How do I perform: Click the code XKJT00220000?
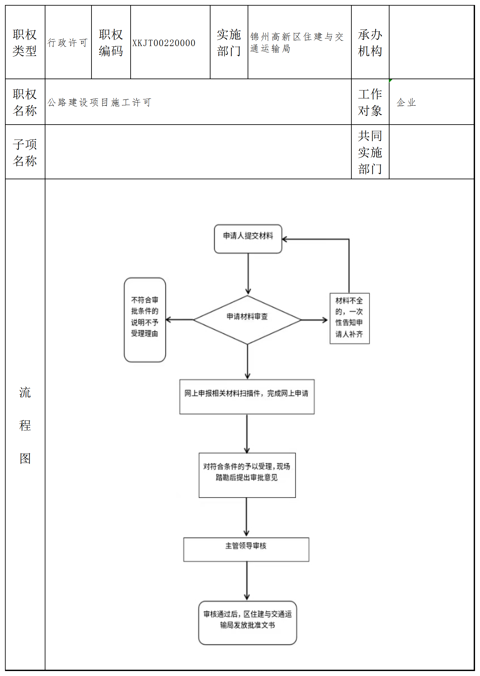pyautogui.click(x=164, y=43)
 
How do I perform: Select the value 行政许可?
pyautogui.click(x=68, y=42)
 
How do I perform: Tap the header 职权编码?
pyautogui.click(x=111, y=43)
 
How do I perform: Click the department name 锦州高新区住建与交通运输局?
pyautogui.click(x=297, y=42)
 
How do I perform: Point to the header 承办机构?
pyautogui.click(x=370, y=43)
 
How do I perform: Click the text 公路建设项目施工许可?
pyautogui.click(x=99, y=102)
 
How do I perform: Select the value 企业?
pyautogui.click(x=406, y=102)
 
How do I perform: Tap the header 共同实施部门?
pyautogui.click(x=370, y=152)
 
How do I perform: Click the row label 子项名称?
pyautogui.click(x=25, y=152)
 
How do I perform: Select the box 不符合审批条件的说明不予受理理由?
pyautogui.click(x=145, y=319)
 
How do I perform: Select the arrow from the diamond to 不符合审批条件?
pyautogui.click(x=179, y=319)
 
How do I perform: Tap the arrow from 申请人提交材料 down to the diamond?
pyautogui.click(x=248, y=274)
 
